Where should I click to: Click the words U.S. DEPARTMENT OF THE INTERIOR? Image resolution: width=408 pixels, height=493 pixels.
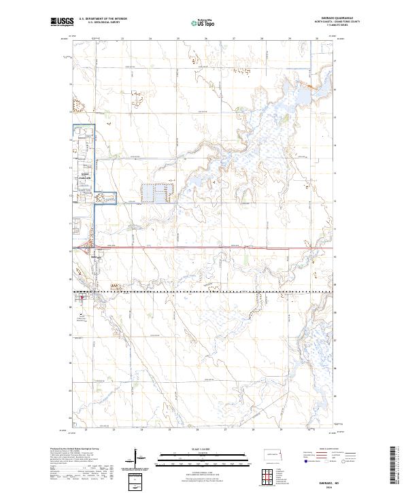pyautogui.click(x=103, y=19)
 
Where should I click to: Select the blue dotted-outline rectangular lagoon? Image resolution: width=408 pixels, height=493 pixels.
pyautogui.click(x=156, y=193)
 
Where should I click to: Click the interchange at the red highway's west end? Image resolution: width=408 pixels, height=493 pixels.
pyautogui.click(x=84, y=248)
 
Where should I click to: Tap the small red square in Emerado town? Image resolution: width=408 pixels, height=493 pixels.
pyautogui.click(x=82, y=297)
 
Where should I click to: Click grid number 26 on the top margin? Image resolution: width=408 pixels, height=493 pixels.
pyautogui.click(x=206, y=39)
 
